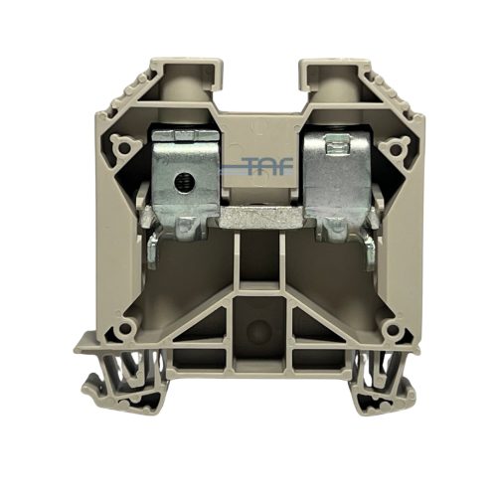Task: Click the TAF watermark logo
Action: (256, 166)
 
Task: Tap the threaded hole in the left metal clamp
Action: (181, 181)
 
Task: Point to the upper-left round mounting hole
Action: (124, 148)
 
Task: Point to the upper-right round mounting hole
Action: (397, 149)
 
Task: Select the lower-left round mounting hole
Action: (125, 328)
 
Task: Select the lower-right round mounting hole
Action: (394, 329)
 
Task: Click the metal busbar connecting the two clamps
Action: (261, 217)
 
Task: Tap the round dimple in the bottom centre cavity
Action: (259, 332)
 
